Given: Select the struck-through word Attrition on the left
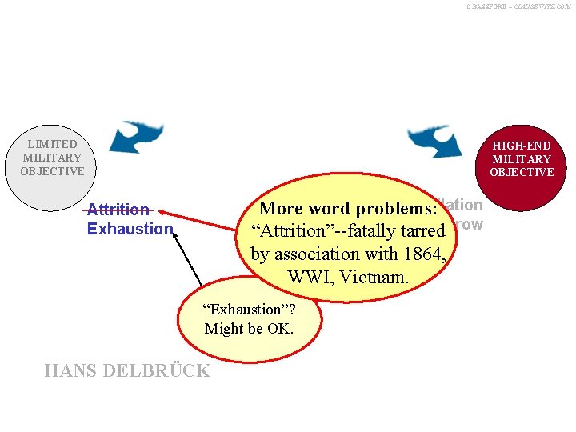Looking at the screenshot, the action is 118,210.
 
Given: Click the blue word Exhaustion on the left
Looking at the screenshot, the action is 130,229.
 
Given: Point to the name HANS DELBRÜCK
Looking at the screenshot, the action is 128,370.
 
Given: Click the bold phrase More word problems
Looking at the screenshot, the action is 348,209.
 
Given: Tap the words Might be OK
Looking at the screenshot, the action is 249,328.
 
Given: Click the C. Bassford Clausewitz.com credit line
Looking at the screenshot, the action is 518,6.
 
